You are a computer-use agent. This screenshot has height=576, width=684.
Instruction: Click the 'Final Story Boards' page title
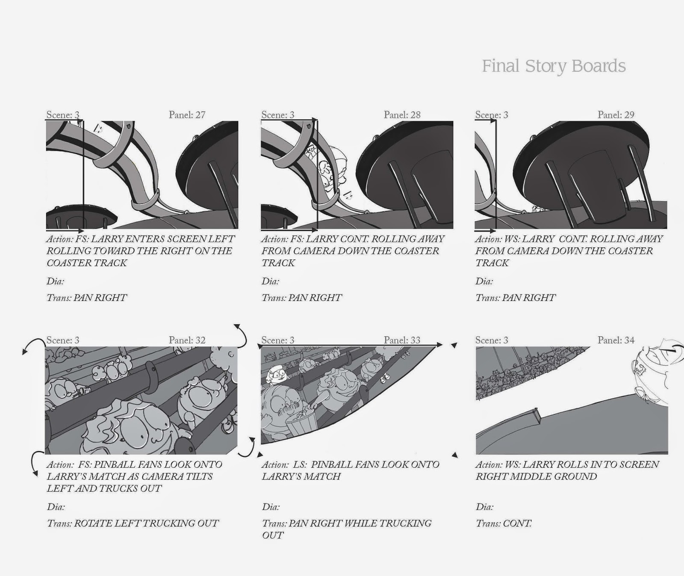click(554, 66)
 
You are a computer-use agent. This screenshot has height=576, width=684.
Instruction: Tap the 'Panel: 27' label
click(187, 115)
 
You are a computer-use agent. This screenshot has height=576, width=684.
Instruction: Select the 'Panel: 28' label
click(402, 115)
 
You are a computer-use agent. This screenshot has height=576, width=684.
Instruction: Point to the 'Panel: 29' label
click(616, 115)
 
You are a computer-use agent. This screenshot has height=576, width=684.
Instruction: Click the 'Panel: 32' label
click(187, 340)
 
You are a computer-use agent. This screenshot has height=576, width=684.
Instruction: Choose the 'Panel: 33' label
click(402, 340)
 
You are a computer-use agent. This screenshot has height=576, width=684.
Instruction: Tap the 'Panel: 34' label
click(616, 340)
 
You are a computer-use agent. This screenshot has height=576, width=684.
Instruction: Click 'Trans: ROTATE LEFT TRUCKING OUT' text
click(133, 523)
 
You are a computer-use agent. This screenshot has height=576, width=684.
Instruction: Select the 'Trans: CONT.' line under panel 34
click(504, 523)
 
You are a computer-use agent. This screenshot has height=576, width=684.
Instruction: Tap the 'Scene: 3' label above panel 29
click(492, 115)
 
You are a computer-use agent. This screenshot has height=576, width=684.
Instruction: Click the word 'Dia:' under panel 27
click(55, 282)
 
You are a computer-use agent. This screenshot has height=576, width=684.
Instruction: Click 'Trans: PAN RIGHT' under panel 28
click(302, 298)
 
